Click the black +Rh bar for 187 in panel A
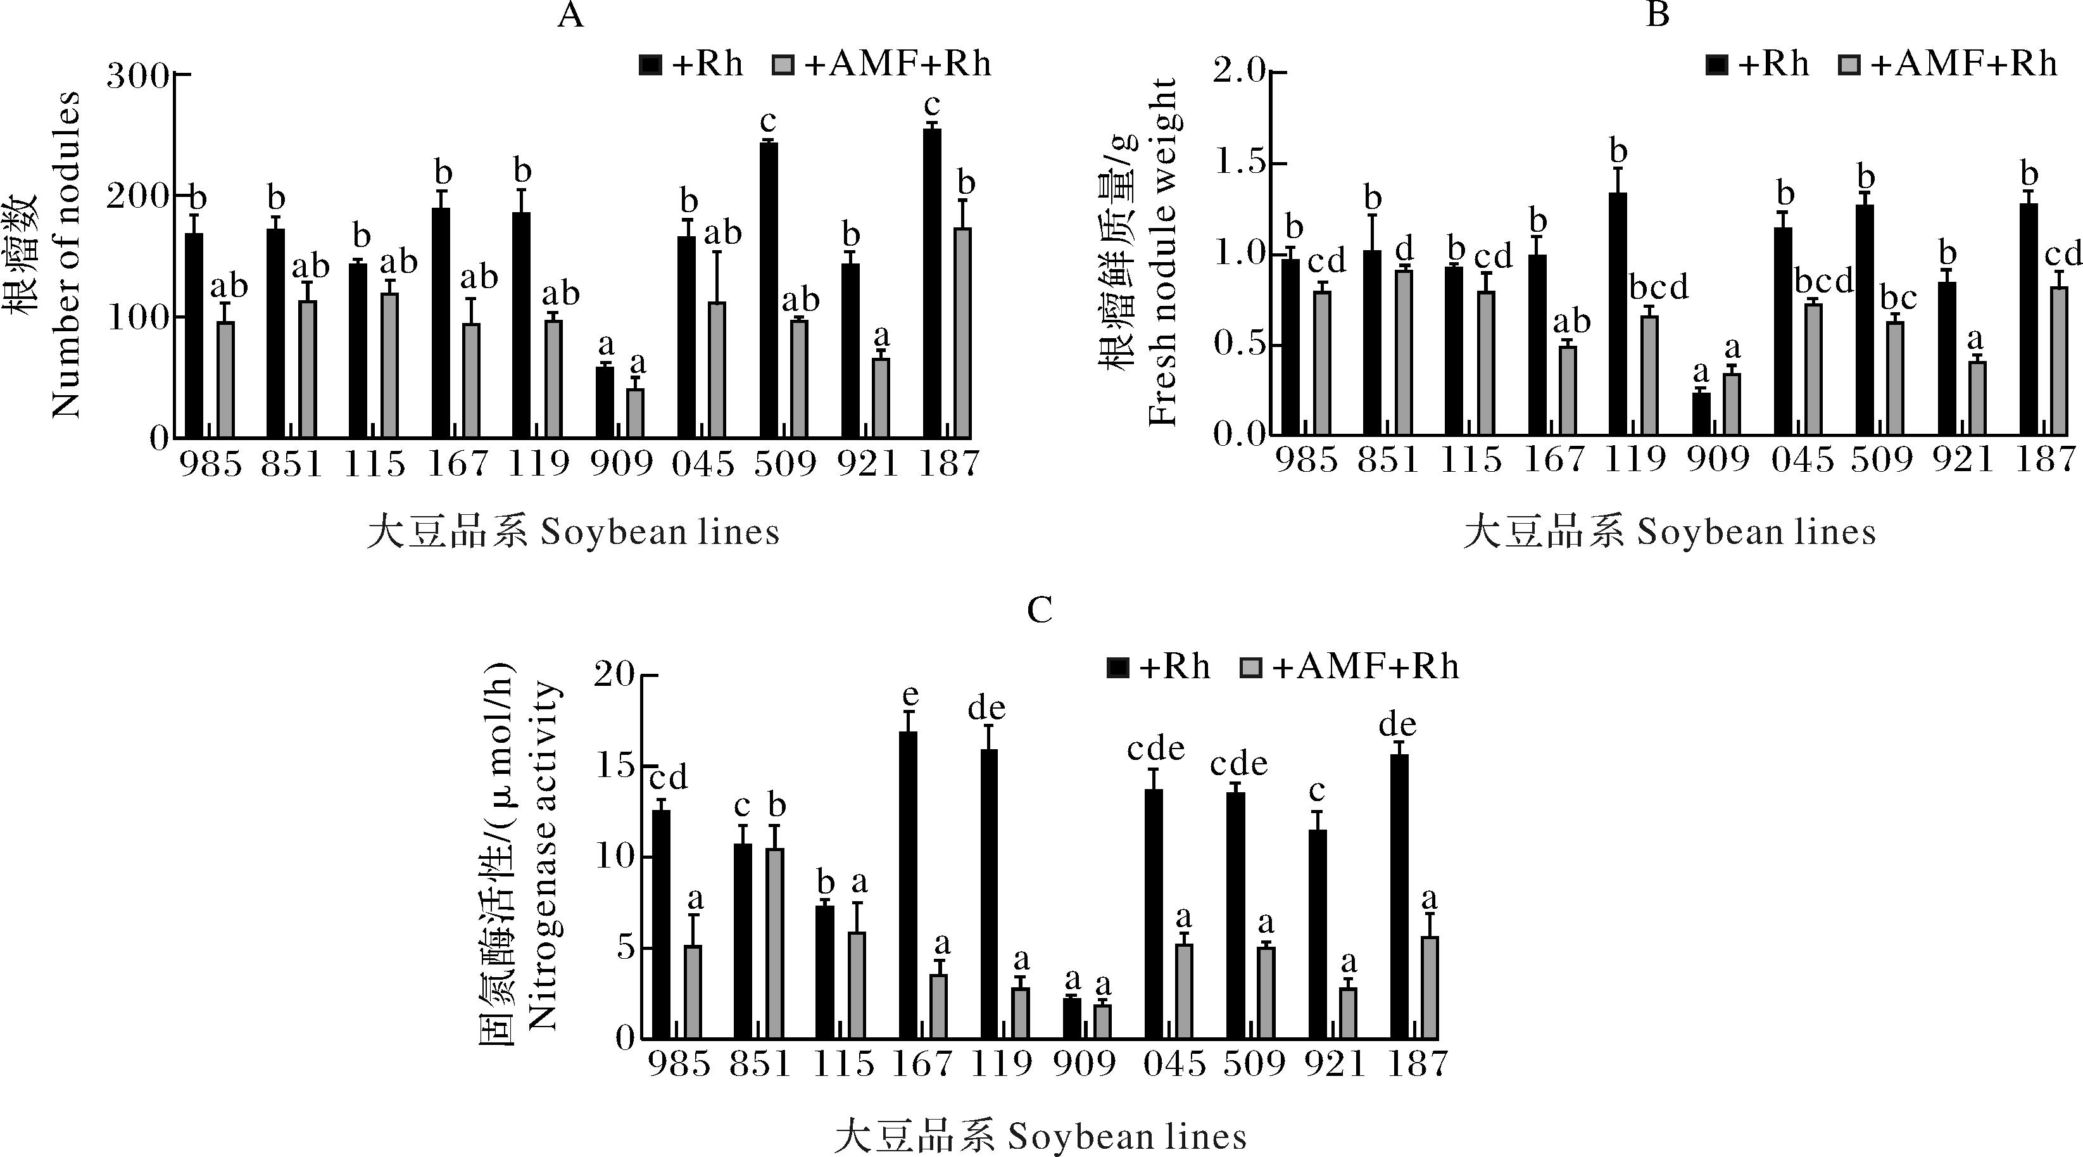(931, 283)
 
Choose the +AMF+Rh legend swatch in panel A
(783, 64)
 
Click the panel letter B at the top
(1658, 15)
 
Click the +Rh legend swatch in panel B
(1716, 64)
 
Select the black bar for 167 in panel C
(908, 885)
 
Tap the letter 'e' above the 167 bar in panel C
(910, 695)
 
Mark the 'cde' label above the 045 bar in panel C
(1155, 749)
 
